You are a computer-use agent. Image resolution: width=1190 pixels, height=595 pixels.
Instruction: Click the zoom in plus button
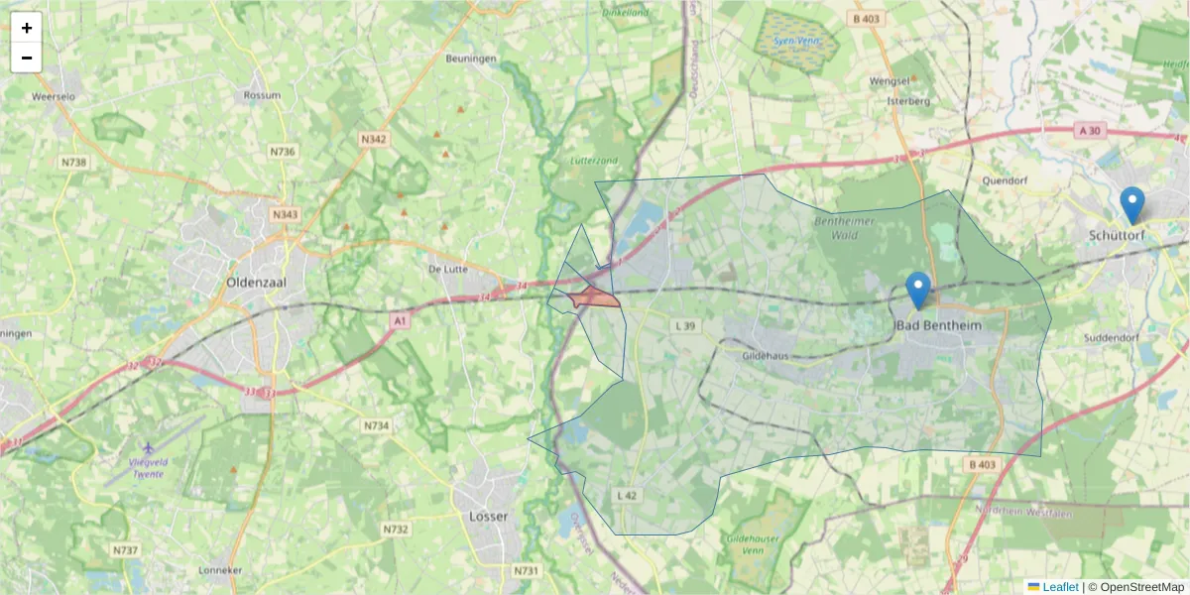(27, 28)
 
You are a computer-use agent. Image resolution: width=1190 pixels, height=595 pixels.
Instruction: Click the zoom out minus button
(27, 58)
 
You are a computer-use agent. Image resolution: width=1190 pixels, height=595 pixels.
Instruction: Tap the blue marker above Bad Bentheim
(918, 290)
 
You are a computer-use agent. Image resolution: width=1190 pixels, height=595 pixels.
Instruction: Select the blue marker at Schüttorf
(1131, 205)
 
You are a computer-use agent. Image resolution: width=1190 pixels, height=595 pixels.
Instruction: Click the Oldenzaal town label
(256, 281)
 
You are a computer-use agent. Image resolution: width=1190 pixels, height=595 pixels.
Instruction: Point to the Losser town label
(487, 517)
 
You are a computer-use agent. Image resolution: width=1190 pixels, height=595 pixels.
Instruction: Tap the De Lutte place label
(447, 269)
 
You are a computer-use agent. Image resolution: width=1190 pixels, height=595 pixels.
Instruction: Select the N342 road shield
(374, 139)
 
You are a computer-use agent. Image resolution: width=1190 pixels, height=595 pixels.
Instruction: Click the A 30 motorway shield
(1089, 130)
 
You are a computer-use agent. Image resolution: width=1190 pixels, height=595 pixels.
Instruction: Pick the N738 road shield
(72, 162)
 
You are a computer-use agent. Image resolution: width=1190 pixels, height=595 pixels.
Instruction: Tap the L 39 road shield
(685, 325)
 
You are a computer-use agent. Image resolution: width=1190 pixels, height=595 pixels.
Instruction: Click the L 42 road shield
(626, 495)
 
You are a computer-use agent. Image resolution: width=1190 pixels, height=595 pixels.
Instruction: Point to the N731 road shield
(526, 570)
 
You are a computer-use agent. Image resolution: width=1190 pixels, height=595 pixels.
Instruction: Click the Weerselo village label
(55, 97)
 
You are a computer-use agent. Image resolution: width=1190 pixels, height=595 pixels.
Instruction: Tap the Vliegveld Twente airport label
(152, 467)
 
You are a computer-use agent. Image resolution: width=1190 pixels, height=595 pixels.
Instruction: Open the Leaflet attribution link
(1060, 587)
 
